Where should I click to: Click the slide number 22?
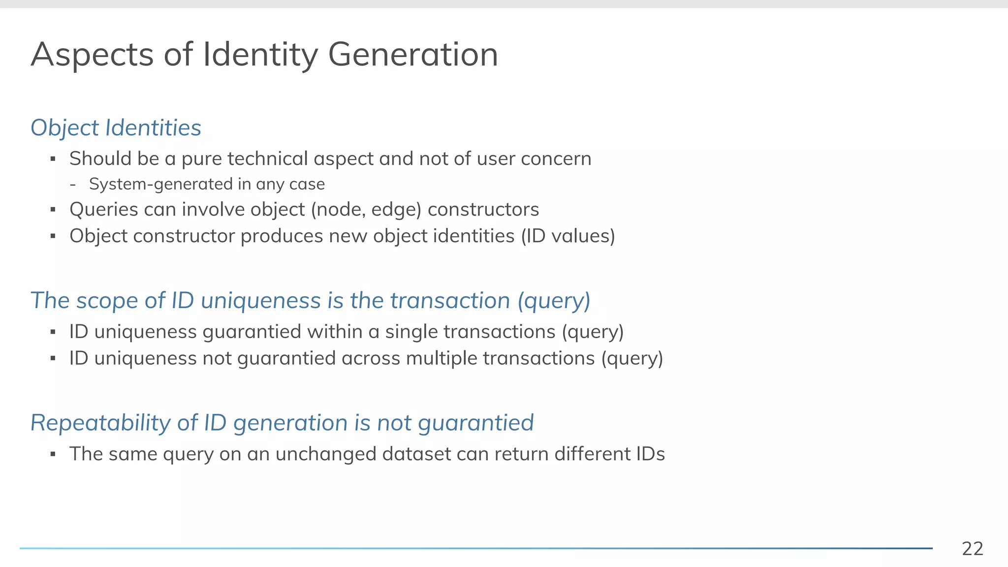(972, 548)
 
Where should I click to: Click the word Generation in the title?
(412, 54)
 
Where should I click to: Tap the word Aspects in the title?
(92, 55)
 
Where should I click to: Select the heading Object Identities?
(116, 128)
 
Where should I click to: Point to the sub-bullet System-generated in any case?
(207, 184)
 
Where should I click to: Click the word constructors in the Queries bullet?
(483, 210)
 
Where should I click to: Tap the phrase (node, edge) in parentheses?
(366, 210)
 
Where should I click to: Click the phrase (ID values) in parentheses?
(568, 236)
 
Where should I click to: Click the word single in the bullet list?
(411, 332)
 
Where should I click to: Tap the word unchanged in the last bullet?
(326, 454)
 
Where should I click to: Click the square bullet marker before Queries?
(53, 210)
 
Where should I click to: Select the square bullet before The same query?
(53, 454)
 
